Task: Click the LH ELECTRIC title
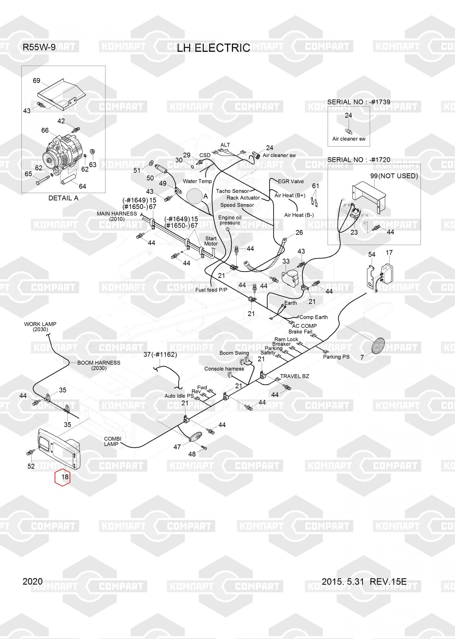click(x=213, y=48)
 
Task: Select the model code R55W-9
click(x=39, y=47)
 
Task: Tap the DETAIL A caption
click(x=63, y=198)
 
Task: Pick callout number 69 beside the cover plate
click(x=36, y=81)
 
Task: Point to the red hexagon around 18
click(x=63, y=477)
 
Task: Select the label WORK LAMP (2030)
click(x=40, y=327)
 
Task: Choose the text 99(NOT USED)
click(x=394, y=176)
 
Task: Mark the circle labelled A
click(x=196, y=196)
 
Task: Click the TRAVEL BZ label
click(x=294, y=376)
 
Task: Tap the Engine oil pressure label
click(x=230, y=220)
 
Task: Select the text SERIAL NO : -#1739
click(x=359, y=102)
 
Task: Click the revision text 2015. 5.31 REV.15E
click(x=364, y=582)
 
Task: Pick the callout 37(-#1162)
click(x=160, y=355)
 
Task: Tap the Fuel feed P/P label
click(x=211, y=290)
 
